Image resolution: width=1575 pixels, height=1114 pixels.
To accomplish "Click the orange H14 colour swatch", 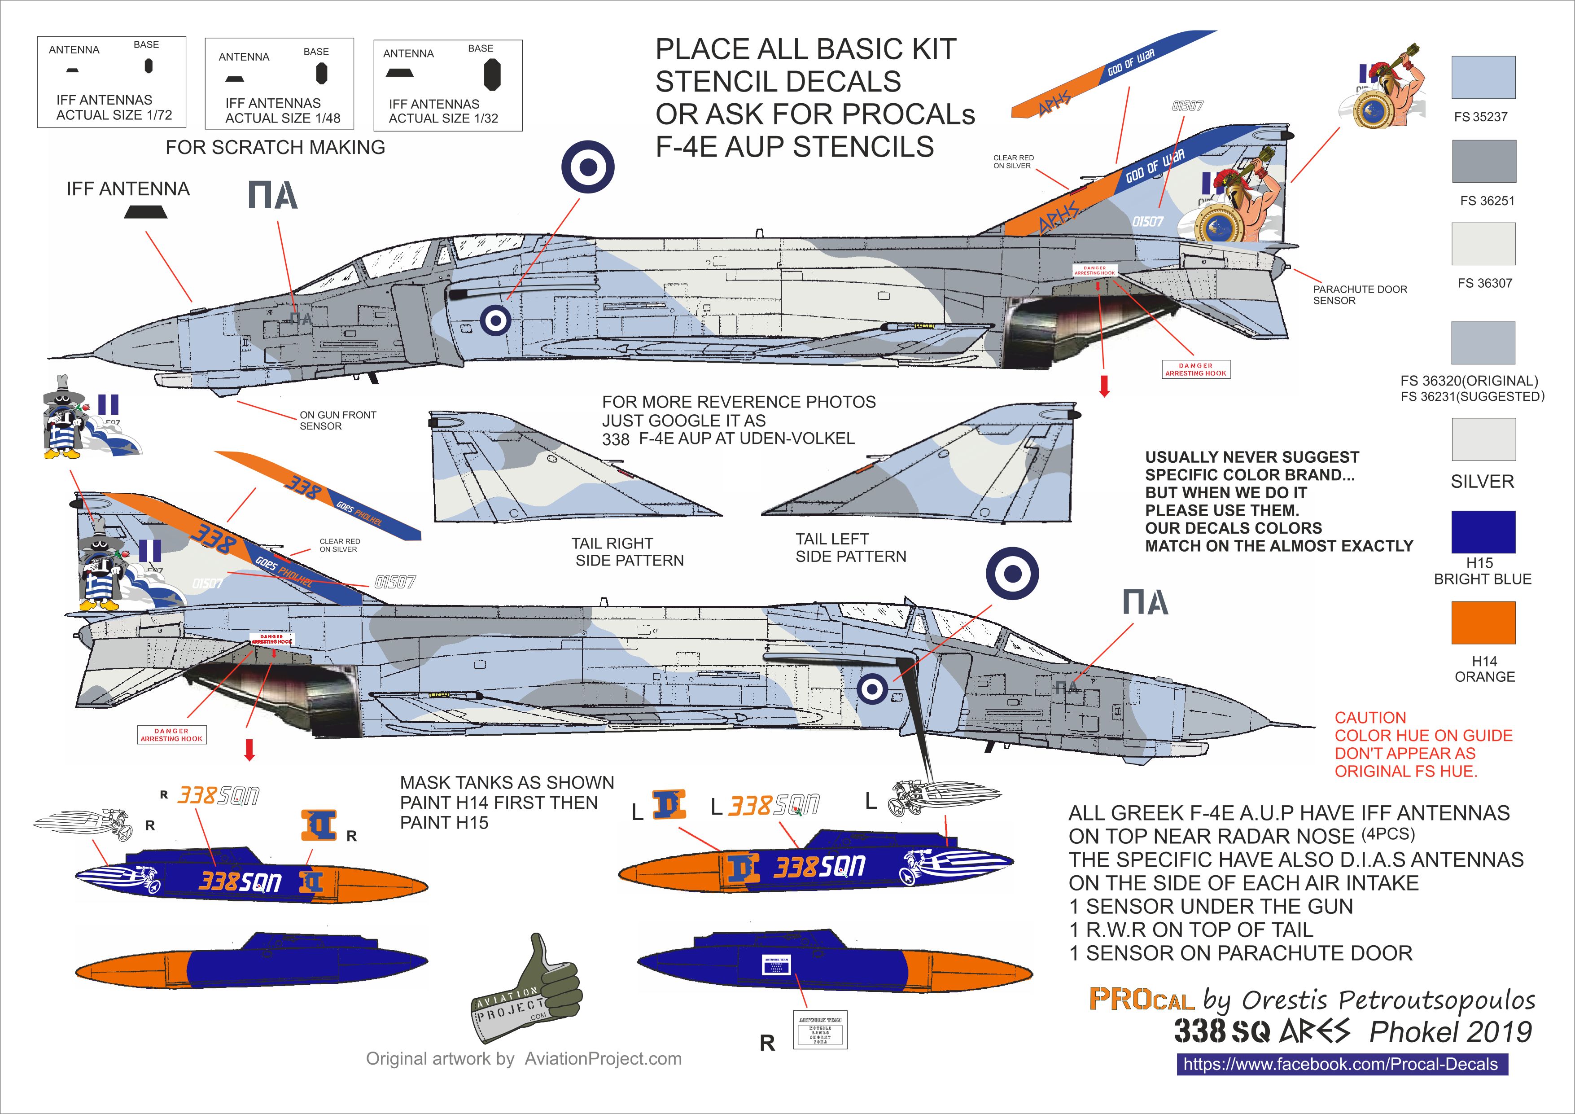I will point(1483,623).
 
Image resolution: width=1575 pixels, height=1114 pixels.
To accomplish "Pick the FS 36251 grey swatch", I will point(1483,161).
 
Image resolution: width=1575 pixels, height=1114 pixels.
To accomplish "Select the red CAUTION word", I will point(1370,718).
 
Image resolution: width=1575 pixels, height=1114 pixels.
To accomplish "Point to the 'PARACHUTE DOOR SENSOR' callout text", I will point(1360,295).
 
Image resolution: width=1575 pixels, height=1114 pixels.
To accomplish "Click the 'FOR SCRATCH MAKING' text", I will point(275,148).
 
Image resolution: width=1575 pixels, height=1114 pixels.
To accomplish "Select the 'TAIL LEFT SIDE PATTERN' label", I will point(851,548).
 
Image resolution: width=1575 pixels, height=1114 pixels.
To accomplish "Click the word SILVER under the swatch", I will point(1482,482).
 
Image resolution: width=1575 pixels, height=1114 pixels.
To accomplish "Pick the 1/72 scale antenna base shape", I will point(148,66).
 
